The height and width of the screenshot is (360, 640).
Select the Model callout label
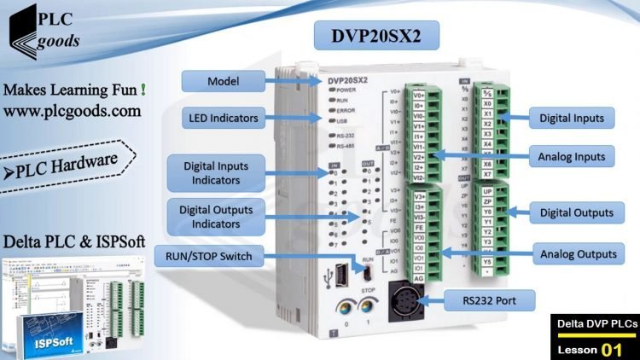[x=223, y=81]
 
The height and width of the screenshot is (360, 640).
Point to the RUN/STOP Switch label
[x=209, y=257]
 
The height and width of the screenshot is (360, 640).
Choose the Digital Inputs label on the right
[x=571, y=118]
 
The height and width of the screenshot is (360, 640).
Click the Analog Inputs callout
[x=571, y=156]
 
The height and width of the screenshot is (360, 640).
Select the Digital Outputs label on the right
[x=571, y=212]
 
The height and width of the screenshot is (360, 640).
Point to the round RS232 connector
[x=404, y=299]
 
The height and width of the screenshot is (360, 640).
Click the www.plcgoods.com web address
[x=73, y=111]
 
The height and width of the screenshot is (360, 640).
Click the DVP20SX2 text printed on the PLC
[x=347, y=80]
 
